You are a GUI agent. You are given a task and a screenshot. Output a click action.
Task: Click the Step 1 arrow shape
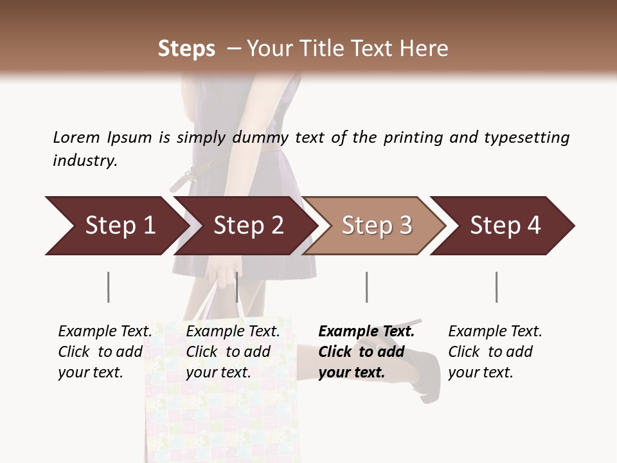(x=116, y=226)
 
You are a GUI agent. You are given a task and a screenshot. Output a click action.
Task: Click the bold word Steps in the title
(x=186, y=48)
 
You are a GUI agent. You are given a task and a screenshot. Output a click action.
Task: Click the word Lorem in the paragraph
(x=76, y=137)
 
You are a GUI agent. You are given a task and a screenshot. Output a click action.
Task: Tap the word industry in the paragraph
(x=84, y=160)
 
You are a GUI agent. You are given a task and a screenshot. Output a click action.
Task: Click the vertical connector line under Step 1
(x=109, y=287)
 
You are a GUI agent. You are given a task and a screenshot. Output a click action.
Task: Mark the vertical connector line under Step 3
(x=367, y=287)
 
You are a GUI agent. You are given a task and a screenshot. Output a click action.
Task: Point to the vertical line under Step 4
(x=497, y=287)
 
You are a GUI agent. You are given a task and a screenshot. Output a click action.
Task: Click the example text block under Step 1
(x=105, y=352)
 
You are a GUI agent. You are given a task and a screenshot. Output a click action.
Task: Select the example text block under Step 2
(x=233, y=352)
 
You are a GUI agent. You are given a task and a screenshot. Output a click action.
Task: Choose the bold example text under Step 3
(x=366, y=352)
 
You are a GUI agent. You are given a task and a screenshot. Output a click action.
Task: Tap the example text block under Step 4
(x=494, y=352)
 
